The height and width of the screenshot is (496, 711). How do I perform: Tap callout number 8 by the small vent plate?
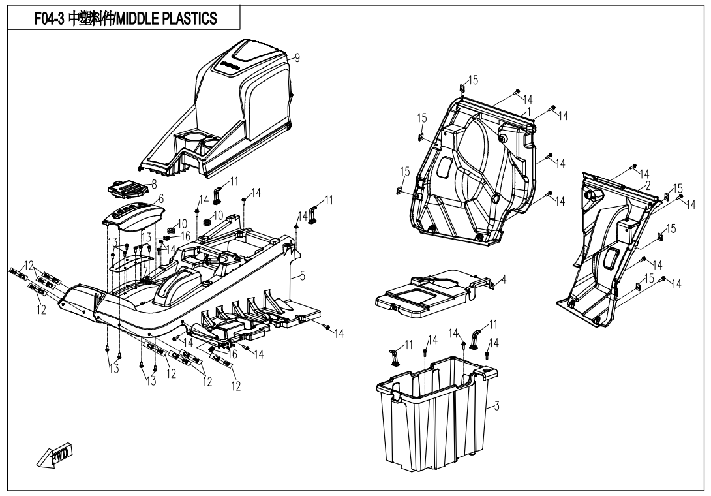(x=154, y=185)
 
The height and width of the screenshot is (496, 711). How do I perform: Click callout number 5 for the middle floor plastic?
(x=302, y=276)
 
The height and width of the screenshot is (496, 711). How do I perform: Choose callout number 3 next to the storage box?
(x=496, y=407)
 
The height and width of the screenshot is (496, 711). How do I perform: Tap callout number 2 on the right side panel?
(x=648, y=185)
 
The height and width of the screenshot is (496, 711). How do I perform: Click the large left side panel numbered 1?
(x=470, y=170)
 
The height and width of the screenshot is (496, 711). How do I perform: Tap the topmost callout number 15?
(x=473, y=80)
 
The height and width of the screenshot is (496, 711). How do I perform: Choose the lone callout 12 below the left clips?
(x=41, y=309)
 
